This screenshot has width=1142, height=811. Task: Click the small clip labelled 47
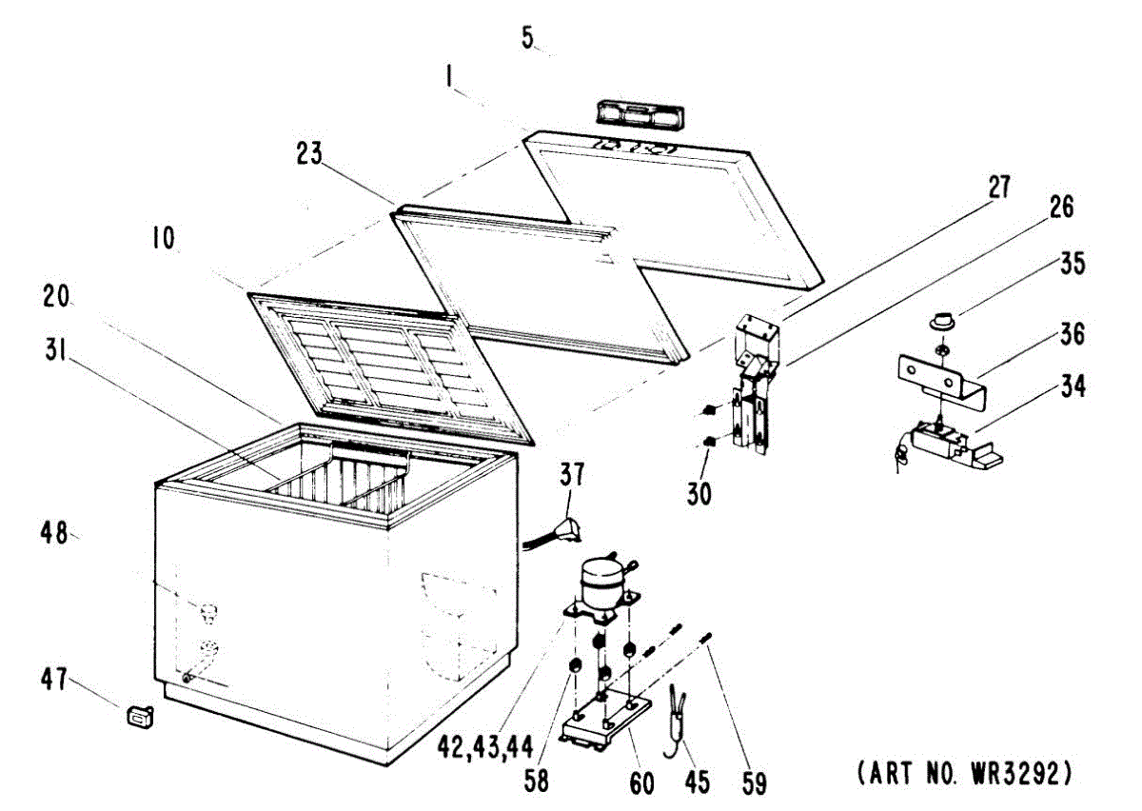click(140, 714)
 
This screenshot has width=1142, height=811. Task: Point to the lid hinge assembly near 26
click(755, 390)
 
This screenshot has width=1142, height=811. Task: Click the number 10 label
click(163, 238)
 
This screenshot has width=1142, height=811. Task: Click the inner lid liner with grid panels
click(388, 365)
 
